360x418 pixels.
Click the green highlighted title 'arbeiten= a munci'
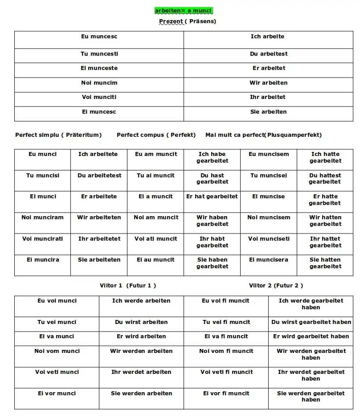[x=184, y=10]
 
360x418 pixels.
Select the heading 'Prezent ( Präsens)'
[x=188, y=21]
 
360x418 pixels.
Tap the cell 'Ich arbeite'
[x=267, y=37]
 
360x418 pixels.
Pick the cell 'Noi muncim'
[x=99, y=83]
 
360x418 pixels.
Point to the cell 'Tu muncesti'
[x=99, y=54]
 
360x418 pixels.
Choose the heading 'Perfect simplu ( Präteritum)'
[x=58, y=135]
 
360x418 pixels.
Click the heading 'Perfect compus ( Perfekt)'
[x=156, y=135]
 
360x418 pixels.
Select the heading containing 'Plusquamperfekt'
[x=263, y=135]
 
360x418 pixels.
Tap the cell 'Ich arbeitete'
[x=98, y=154]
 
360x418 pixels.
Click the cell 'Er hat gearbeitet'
[x=212, y=197]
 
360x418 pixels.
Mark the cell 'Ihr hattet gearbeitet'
[x=325, y=242]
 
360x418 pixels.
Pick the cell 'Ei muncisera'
[x=269, y=260]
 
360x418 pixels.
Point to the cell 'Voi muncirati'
[x=43, y=239]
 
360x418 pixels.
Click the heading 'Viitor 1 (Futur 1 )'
[x=128, y=285]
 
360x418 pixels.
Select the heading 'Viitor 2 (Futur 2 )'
[x=276, y=285]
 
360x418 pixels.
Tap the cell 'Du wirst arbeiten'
[x=141, y=322]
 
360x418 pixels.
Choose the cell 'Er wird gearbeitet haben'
[x=311, y=336]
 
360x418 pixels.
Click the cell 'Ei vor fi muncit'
[x=226, y=393]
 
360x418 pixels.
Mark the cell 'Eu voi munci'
[x=57, y=301]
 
